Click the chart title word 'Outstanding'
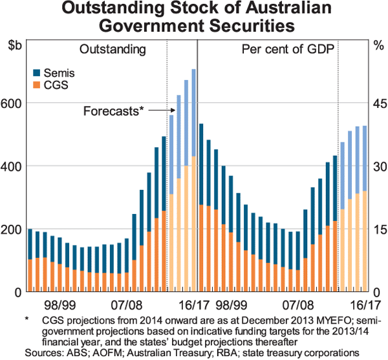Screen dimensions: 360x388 (115, 11)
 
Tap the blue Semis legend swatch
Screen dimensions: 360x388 (36, 73)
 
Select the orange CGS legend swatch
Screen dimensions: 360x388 (36, 85)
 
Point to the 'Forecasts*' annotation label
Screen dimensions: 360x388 (113, 111)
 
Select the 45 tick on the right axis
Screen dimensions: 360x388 (378, 103)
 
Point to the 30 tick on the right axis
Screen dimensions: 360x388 (378, 166)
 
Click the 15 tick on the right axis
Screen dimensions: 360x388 (378, 229)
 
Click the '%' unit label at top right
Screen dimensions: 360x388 (378, 46)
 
